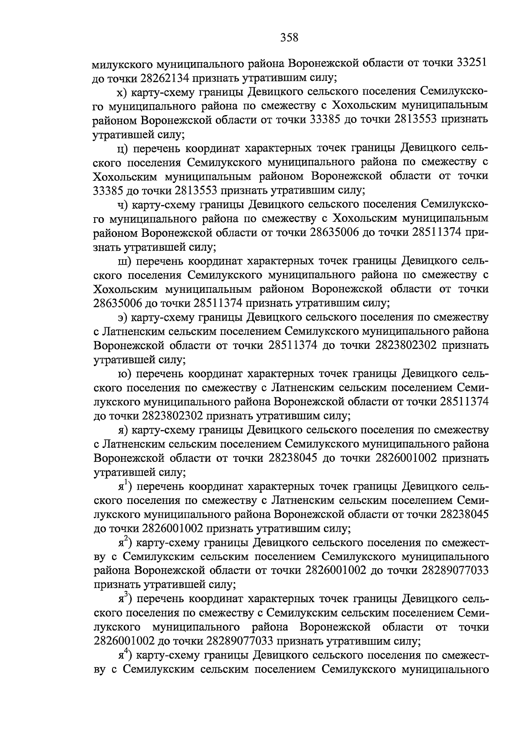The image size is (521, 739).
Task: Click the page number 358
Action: [289, 37]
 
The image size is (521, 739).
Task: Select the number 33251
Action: [472, 63]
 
